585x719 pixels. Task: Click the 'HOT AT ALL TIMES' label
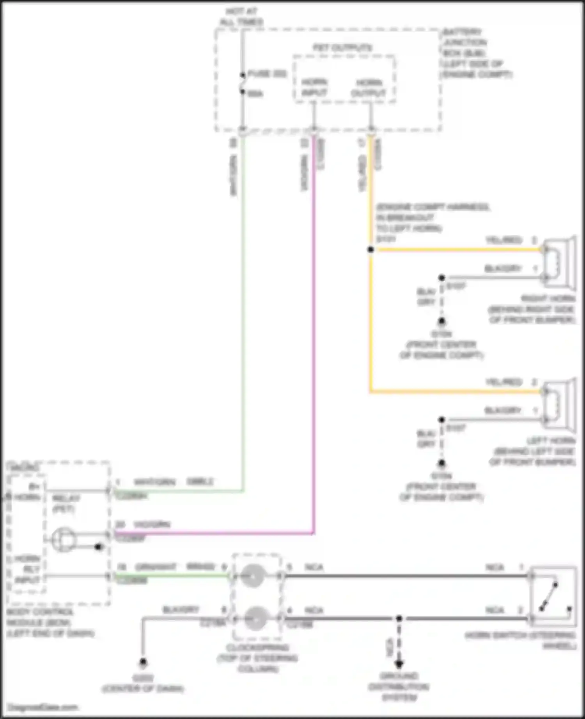pos(241,17)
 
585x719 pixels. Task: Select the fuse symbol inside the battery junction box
pos(243,83)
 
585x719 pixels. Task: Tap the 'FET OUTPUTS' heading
pos(342,48)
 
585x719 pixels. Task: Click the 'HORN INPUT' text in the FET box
pos(314,88)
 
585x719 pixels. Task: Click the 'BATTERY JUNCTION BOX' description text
pos(477,53)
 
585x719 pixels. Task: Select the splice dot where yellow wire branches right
pos(370,249)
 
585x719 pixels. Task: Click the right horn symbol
pos(560,263)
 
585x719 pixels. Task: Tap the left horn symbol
pos(560,405)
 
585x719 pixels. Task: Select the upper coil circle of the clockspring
pos(253,576)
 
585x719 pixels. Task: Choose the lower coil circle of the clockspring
pos(256,619)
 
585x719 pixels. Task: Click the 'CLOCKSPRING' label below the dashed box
pos(257,658)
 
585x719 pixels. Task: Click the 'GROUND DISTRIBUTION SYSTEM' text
pos(399,687)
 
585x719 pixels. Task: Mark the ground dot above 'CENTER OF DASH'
pos(143,662)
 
